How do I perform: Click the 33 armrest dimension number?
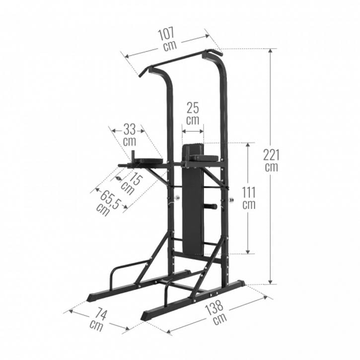[x=130, y=130]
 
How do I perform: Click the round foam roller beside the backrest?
[x=211, y=206]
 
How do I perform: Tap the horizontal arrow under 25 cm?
[x=193, y=131]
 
